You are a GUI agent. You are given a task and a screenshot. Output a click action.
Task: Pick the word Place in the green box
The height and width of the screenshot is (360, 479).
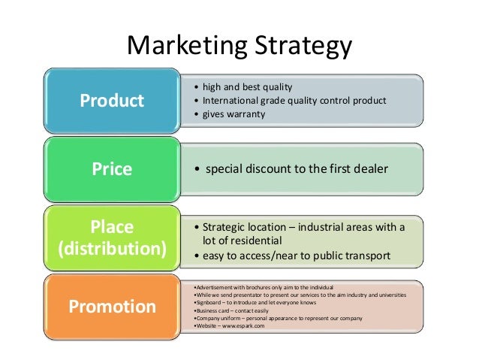(112, 226)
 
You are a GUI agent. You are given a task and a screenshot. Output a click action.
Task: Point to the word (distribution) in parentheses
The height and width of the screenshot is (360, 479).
(113, 249)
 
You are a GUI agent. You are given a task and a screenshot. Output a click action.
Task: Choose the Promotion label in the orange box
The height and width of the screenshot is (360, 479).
(113, 307)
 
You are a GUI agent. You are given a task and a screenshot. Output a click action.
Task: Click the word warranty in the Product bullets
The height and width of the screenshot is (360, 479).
(249, 115)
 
